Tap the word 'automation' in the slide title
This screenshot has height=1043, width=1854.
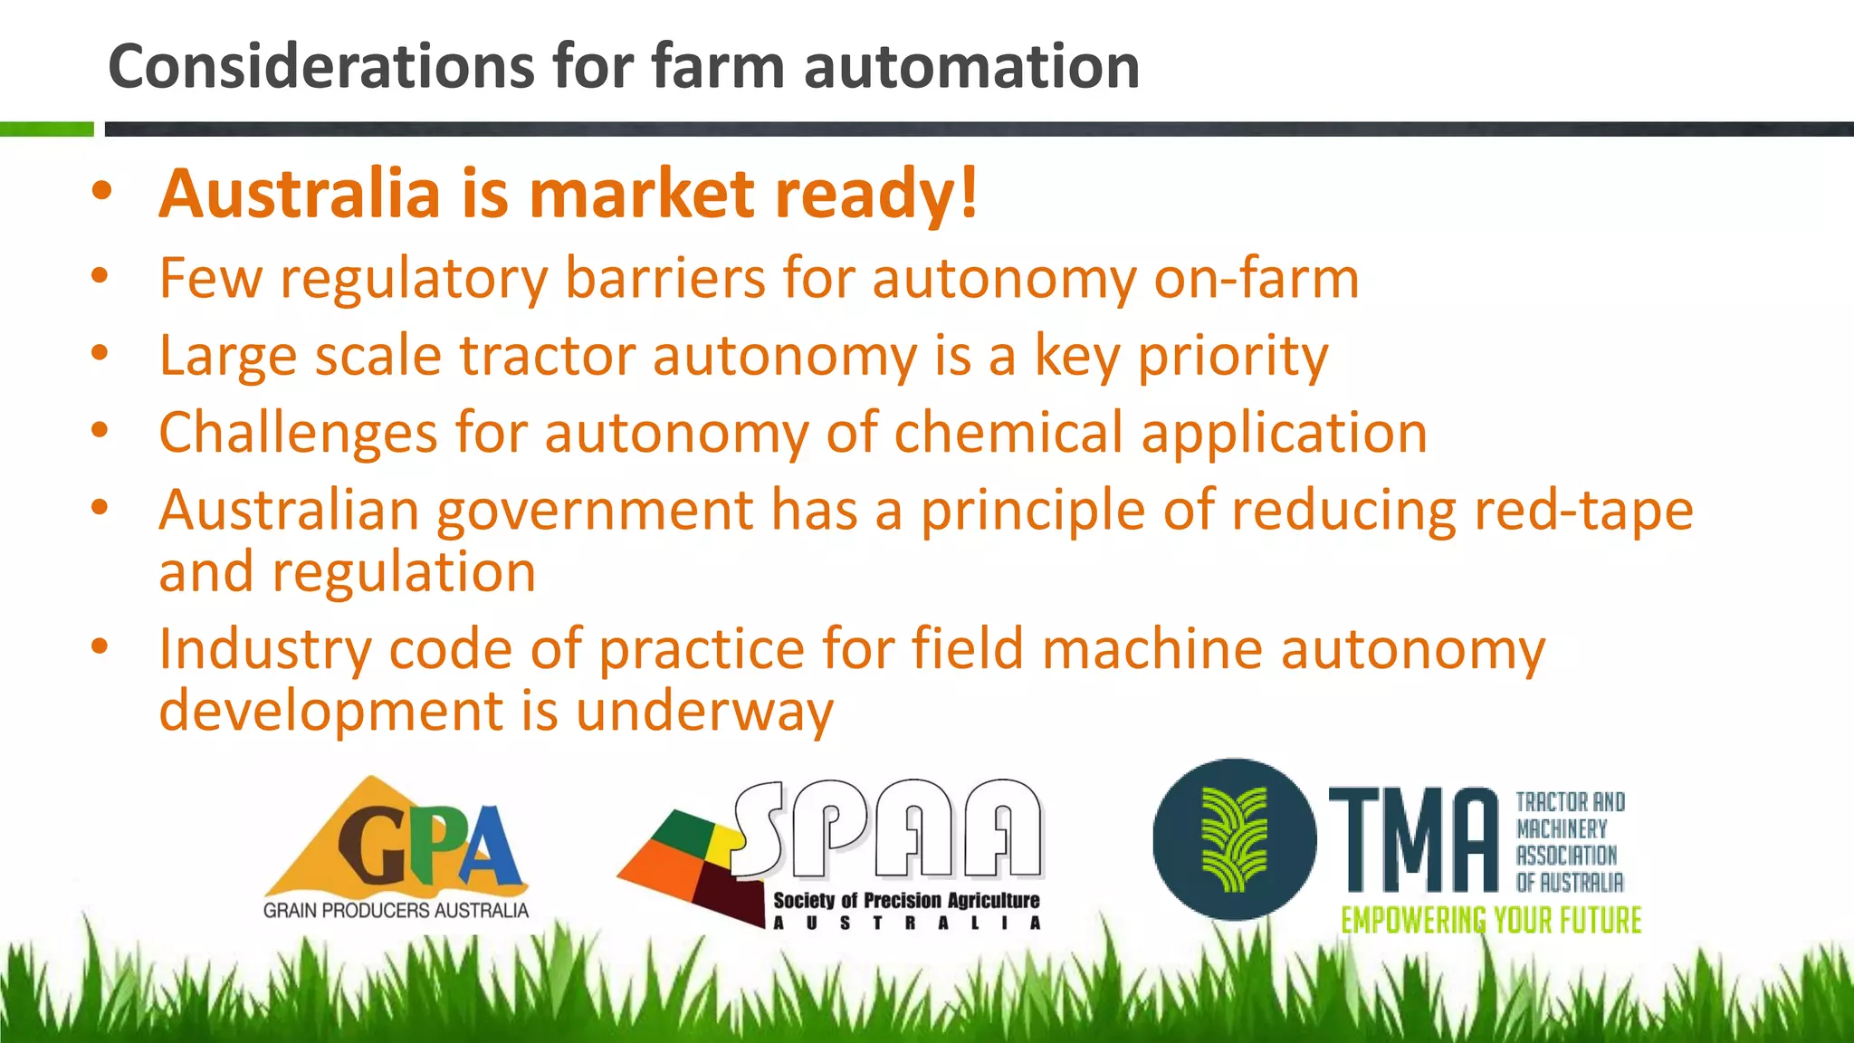click(971, 67)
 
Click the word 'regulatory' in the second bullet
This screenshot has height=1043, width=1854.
click(414, 278)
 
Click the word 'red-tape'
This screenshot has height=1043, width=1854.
click(1583, 510)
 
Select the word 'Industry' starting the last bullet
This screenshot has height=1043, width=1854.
click(264, 649)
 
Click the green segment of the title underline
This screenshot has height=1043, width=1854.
click(46, 129)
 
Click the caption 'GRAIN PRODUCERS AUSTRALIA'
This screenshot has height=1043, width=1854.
click(396, 910)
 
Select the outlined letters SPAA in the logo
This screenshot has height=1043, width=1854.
click(887, 828)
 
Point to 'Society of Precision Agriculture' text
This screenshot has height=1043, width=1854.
click(906, 900)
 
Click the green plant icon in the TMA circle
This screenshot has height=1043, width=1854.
click(1233, 839)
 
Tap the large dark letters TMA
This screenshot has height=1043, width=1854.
click(1413, 841)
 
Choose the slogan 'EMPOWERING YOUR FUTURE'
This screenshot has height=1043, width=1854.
click(1491, 920)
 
